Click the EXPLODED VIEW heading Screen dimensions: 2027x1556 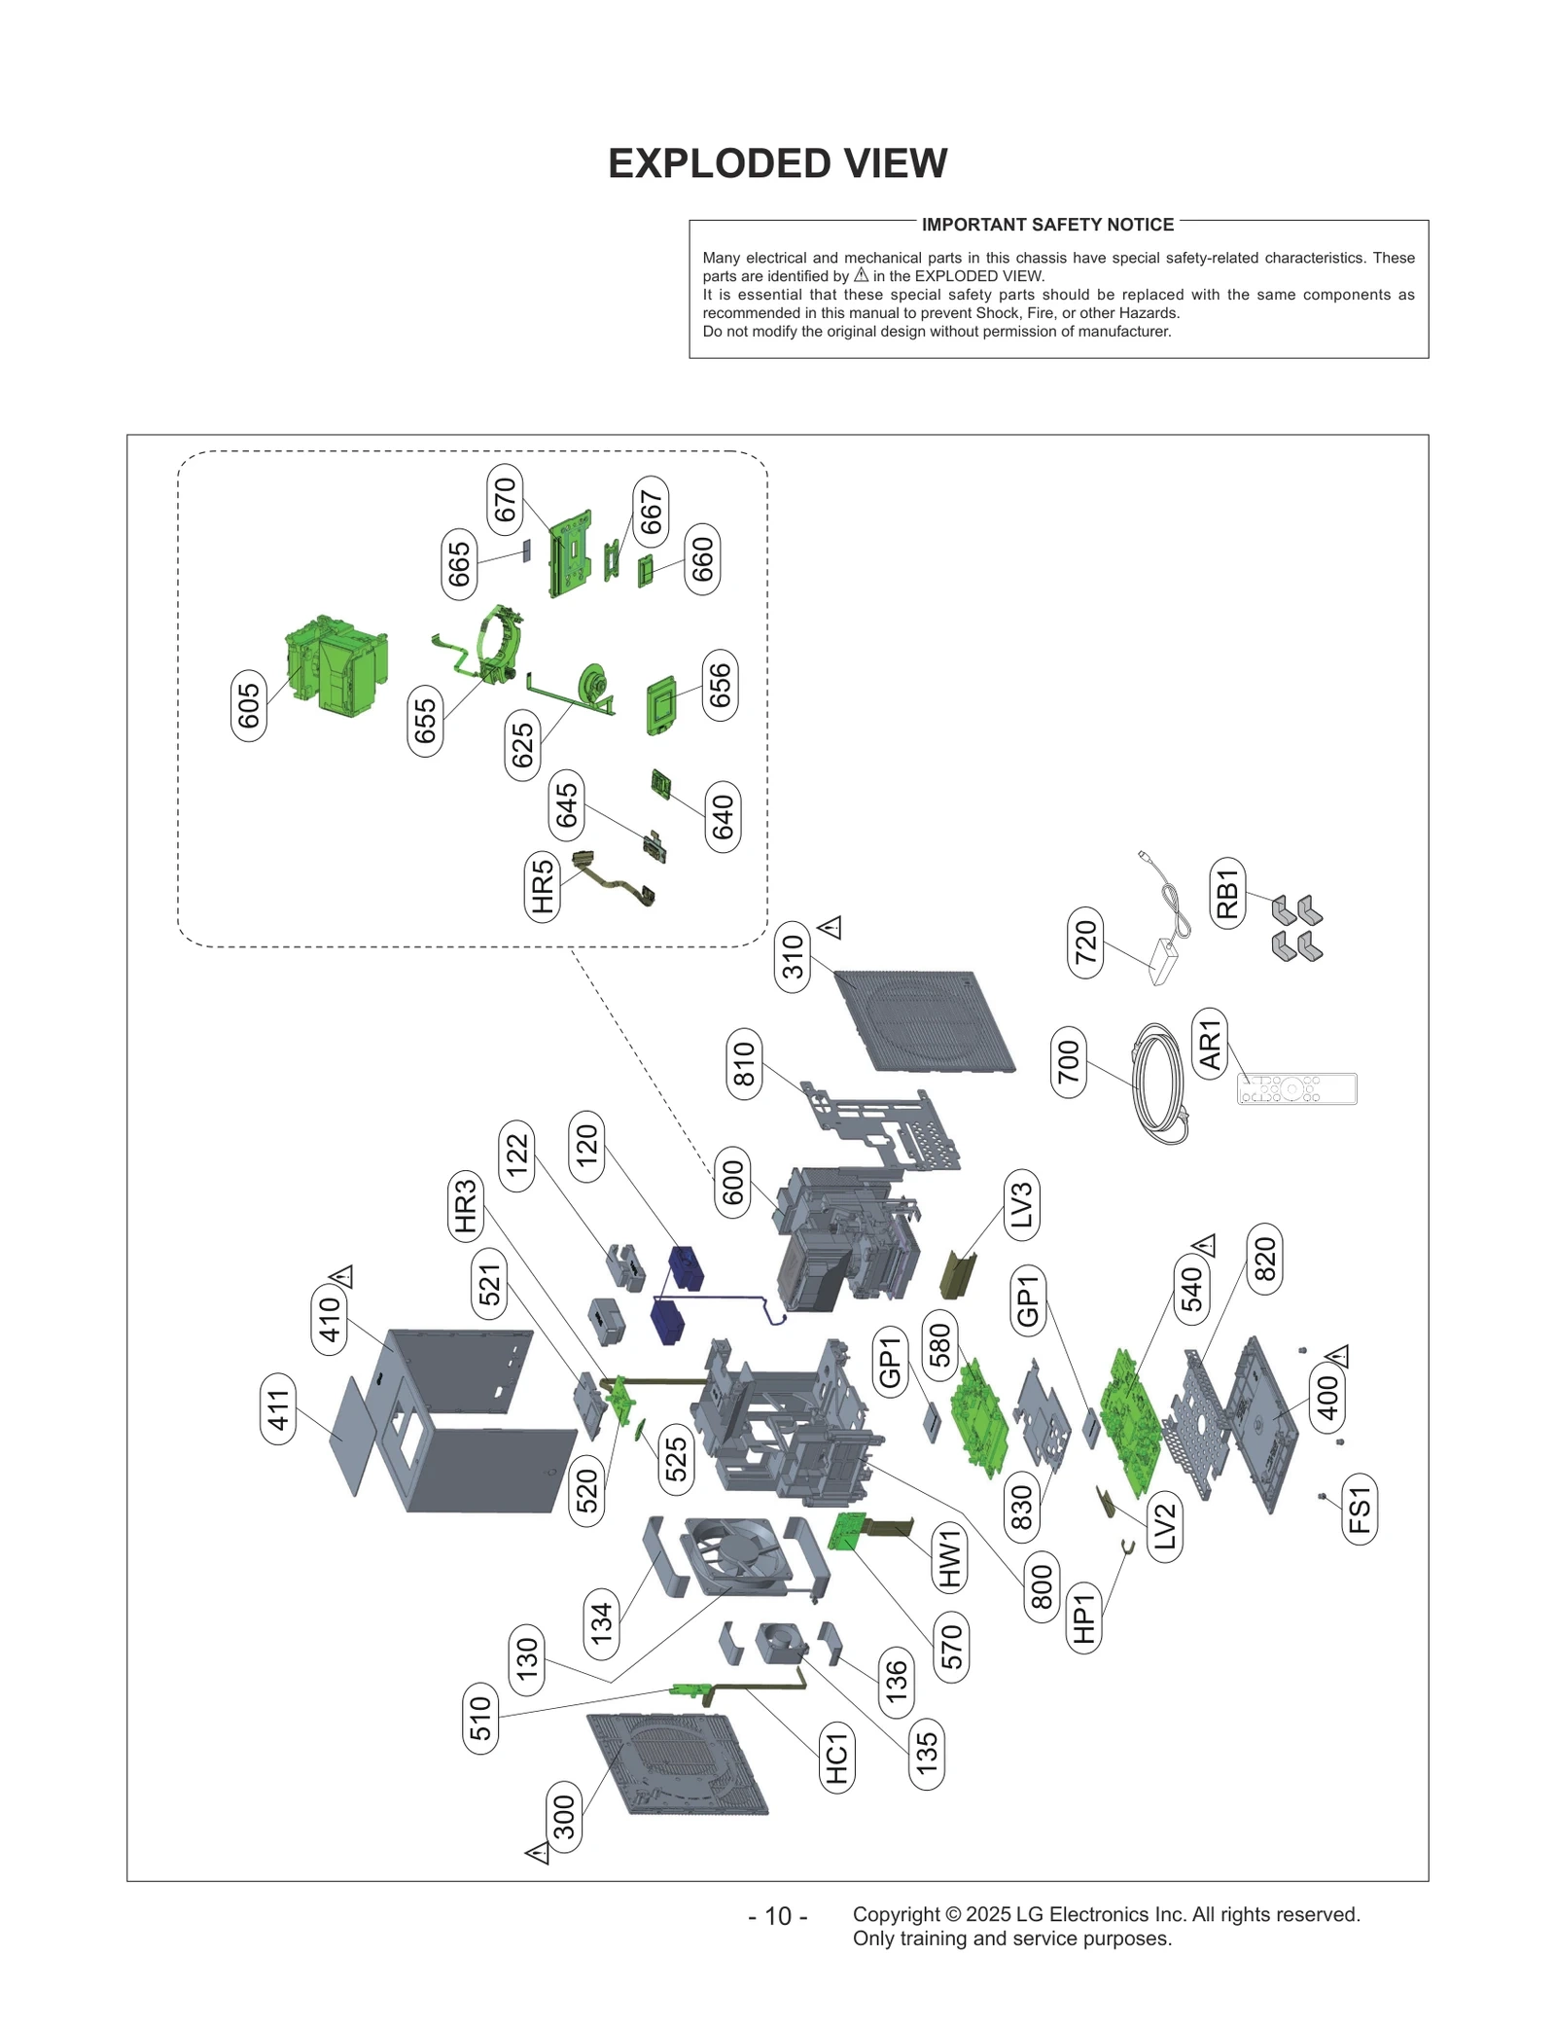tap(777, 163)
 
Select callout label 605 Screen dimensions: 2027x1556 tap(249, 705)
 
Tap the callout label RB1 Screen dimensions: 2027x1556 tap(1227, 893)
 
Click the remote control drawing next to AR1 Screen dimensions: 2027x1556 tap(1296, 1088)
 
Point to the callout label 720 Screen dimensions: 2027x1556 tap(1085, 942)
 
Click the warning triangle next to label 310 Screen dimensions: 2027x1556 tap(830, 927)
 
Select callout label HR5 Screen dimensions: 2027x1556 tap(542, 886)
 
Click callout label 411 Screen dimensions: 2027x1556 tap(279, 1409)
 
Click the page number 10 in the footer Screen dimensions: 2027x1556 tap(778, 1915)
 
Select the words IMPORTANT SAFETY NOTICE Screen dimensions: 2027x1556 tap(1047, 225)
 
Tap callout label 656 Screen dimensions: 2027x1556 tap(720, 686)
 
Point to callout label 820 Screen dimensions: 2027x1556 tap(1264, 1260)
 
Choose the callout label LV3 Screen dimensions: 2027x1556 tap(1021, 1205)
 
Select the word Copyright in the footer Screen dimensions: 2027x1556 tap(896, 1914)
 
